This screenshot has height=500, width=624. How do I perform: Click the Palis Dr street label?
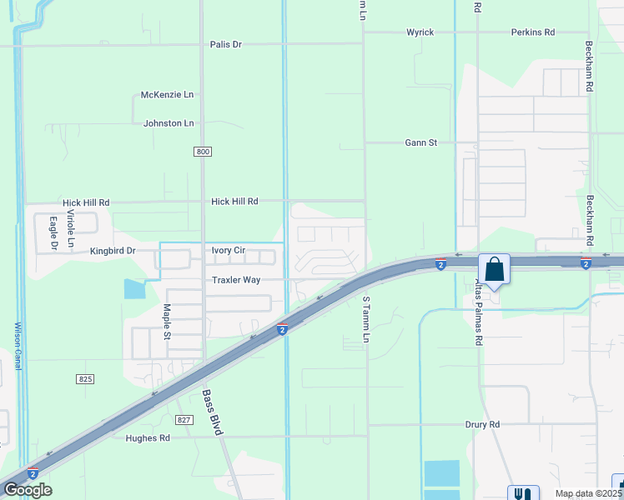[x=225, y=44]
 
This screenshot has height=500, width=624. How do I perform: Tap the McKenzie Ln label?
[x=167, y=95]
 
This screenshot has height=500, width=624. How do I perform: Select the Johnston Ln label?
[x=169, y=123]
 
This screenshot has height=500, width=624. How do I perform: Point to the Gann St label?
[x=420, y=142]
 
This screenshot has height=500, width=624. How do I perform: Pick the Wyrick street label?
[x=420, y=32]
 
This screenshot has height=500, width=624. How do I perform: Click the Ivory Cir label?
[x=228, y=250]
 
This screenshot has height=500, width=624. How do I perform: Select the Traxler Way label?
[x=236, y=280]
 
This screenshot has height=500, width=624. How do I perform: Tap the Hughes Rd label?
[x=148, y=438]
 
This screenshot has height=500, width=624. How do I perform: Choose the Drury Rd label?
[x=482, y=424]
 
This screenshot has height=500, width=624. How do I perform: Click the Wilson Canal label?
[x=18, y=347]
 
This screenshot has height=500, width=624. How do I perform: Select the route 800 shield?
[x=204, y=151]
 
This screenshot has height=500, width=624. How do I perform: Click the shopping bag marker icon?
[x=494, y=270]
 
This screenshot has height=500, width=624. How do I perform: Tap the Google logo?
[x=27, y=490]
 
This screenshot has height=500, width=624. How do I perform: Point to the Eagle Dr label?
[x=53, y=232]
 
